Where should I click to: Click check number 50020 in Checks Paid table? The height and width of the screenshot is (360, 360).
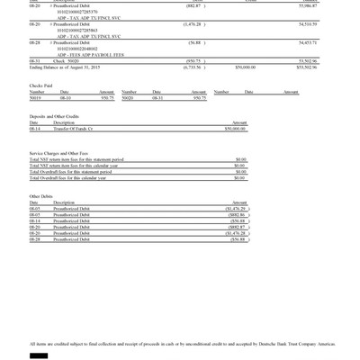(128, 122)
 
